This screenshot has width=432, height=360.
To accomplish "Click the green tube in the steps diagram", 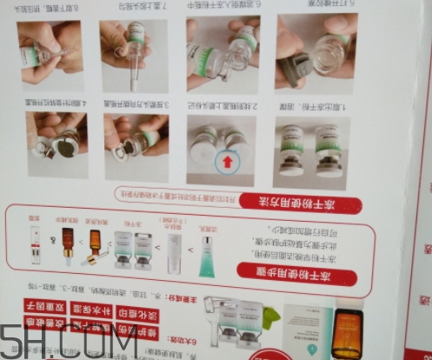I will pos(206,252).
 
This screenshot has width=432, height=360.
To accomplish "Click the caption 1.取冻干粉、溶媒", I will pos(313,107).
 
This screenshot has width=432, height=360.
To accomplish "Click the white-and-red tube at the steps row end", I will pos(36,243).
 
